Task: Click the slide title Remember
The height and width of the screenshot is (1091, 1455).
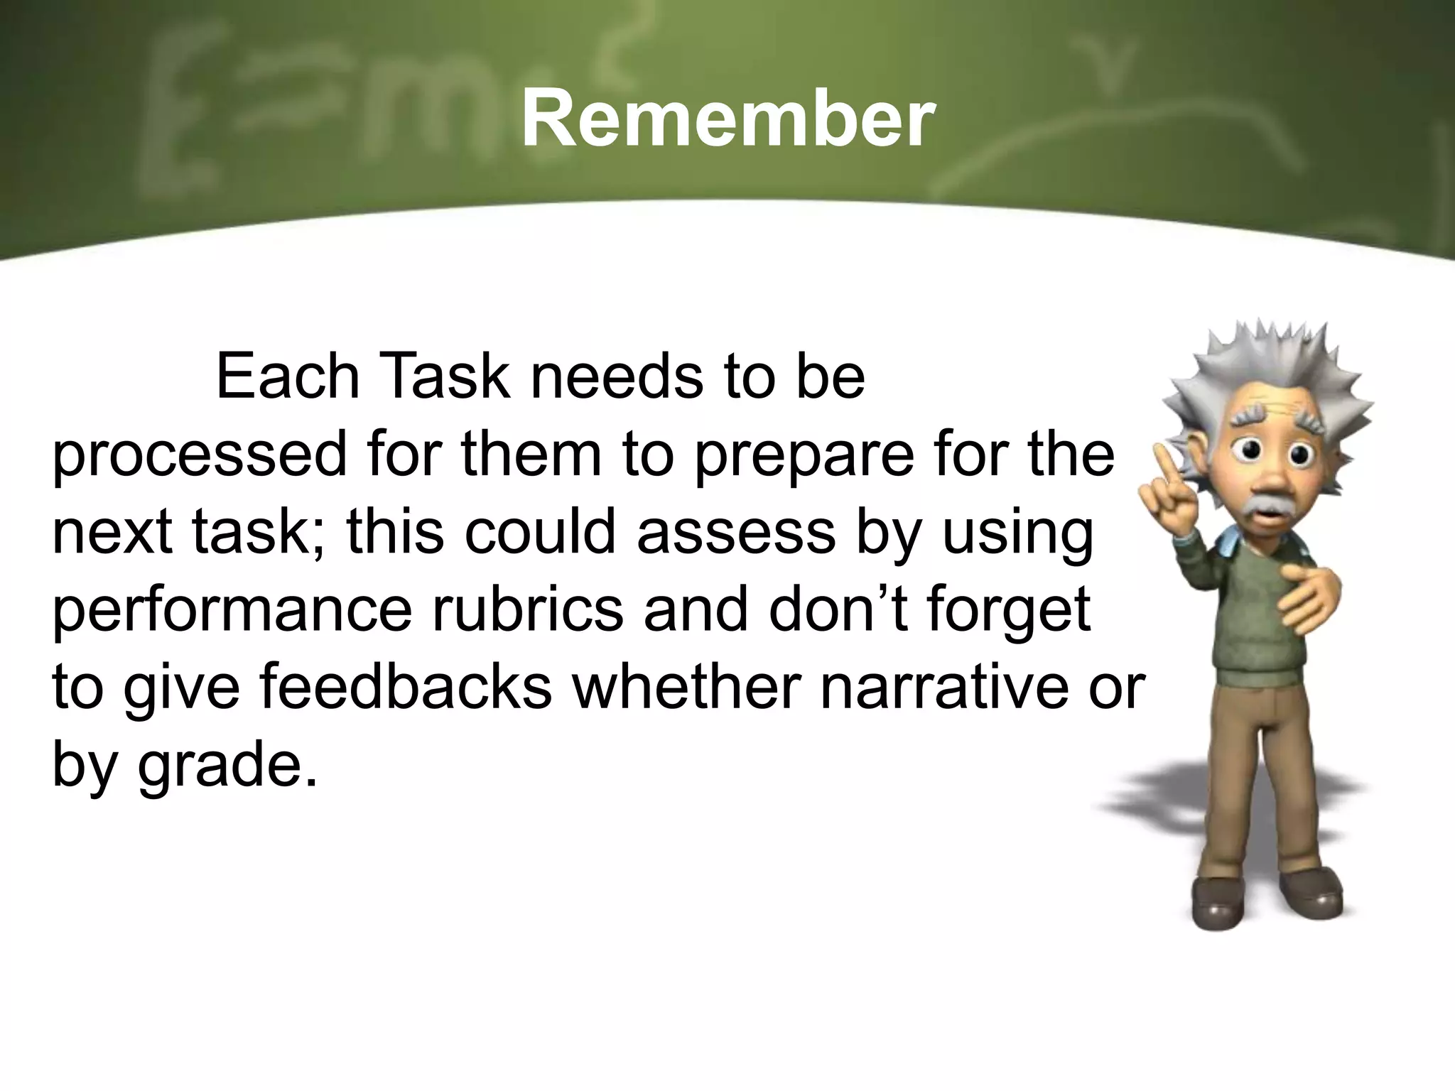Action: (x=727, y=121)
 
